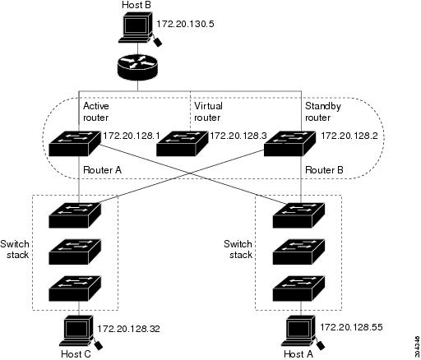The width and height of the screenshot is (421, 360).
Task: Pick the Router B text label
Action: pyautogui.click(x=323, y=168)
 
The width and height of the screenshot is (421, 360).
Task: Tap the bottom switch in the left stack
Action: pyautogui.click(x=74, y=289)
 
